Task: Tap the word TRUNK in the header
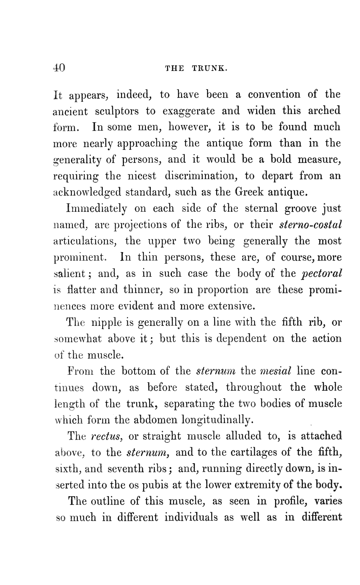pyautogui.click(x=210, y=68)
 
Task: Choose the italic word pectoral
pyautogui.click(x=322, y=274)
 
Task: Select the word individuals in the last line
pyautogui.click(x=191, y=517)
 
